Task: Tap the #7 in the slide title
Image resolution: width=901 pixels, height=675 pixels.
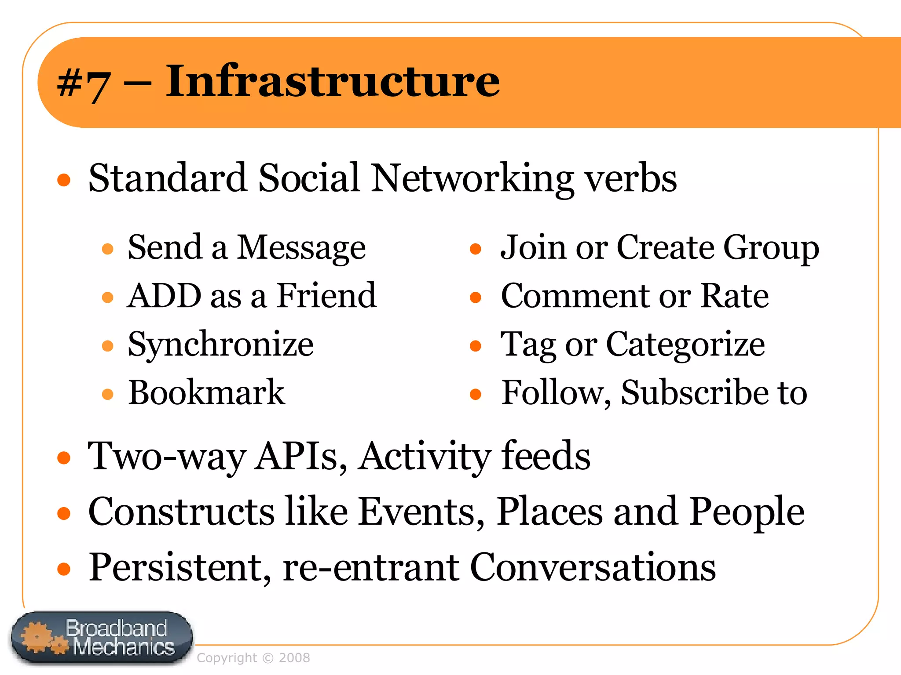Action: coord(84,83)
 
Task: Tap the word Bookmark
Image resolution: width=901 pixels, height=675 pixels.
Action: coord(206,392)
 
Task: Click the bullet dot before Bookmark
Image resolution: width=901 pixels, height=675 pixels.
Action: coord(108,394)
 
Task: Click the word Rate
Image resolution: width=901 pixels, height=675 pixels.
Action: coord(735,296)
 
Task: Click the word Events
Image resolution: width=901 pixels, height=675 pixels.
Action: coord(421,512)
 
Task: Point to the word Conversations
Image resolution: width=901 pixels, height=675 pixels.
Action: coord(593,567)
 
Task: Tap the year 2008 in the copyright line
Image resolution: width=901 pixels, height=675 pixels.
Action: coord(294,658)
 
